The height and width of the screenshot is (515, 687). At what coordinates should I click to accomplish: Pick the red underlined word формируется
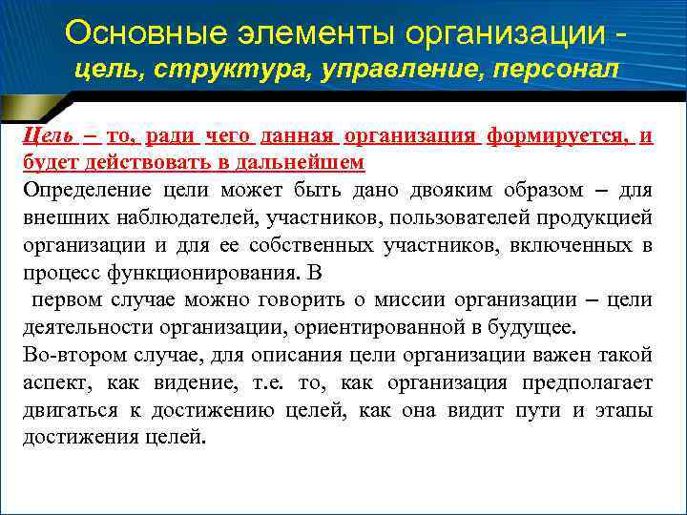(x=557, y=135)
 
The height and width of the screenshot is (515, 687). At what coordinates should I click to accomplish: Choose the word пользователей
(x=456, y=217)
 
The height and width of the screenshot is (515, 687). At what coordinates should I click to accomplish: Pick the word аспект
(x=52, y=383)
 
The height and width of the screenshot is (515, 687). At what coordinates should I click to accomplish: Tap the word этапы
(x=625, y=412)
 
